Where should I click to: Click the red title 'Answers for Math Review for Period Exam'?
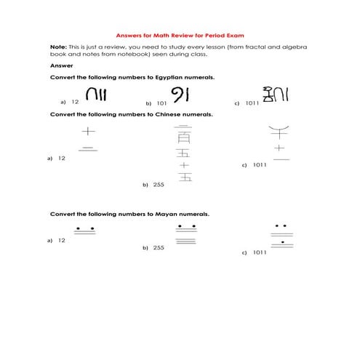point(180,35)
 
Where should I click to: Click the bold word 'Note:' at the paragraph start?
point(57,47)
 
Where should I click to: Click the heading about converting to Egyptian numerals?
point(132,76)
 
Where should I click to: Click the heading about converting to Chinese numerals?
point(131,115)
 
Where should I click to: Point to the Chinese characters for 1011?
point(279,143)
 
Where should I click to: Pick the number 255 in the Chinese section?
point(159,185)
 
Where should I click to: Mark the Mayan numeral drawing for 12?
point(85,232)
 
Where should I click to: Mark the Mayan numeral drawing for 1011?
point(281,239)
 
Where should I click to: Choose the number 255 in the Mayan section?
point(159,248)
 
